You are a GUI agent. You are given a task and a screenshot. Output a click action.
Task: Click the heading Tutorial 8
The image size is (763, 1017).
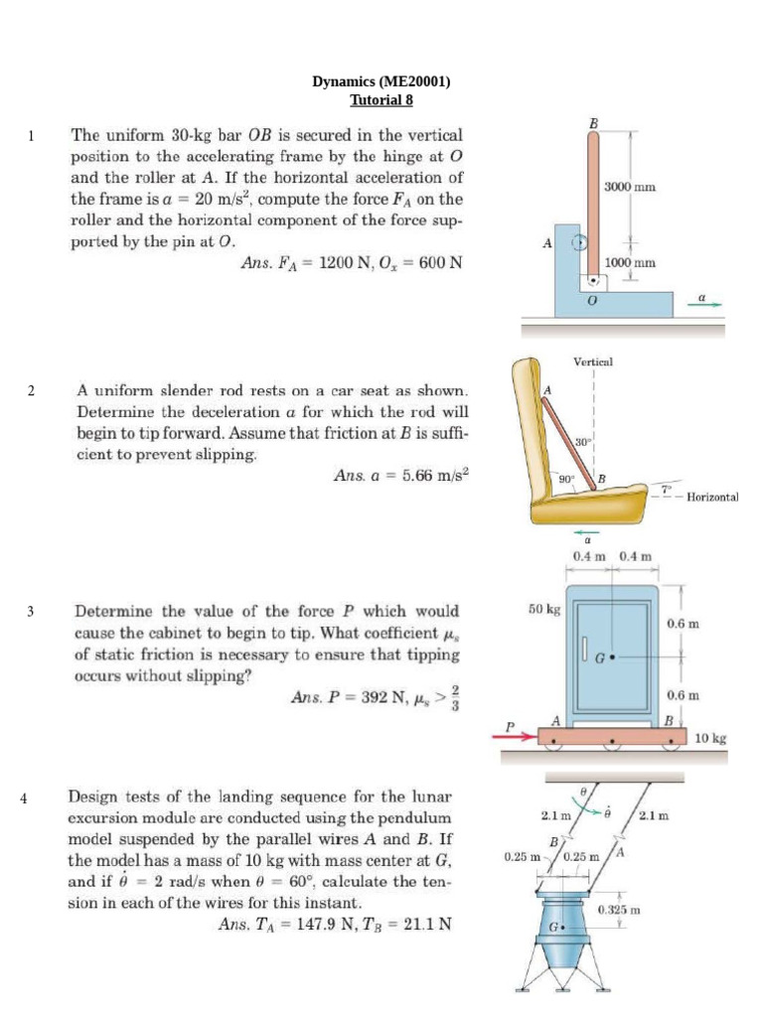381,99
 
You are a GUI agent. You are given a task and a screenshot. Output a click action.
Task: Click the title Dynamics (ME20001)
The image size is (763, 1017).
381,82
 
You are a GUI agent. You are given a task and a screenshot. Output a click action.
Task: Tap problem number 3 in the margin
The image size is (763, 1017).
31,612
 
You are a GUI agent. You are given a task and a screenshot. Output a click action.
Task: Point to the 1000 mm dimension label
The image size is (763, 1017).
630,262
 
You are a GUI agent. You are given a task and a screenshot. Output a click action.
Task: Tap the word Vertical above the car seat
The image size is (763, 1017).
593,363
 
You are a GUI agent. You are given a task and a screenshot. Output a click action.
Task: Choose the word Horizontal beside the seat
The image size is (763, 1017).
712,497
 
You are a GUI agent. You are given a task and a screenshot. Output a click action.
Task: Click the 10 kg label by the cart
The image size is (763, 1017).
710,738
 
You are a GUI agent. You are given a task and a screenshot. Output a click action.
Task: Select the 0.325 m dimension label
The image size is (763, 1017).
618,909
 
